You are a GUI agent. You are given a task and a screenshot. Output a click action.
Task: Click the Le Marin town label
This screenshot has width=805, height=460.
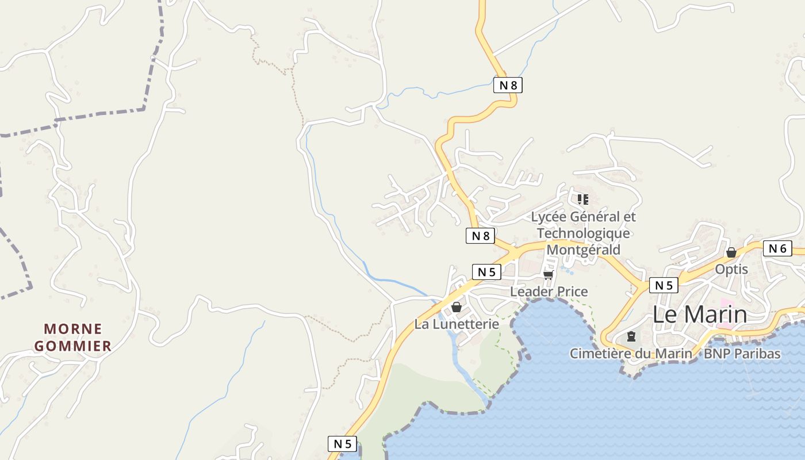click(700, 315)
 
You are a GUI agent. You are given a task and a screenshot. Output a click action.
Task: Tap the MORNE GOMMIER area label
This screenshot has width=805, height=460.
click(72, 338)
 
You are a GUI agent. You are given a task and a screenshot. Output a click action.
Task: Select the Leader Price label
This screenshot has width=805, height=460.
click(549, 292)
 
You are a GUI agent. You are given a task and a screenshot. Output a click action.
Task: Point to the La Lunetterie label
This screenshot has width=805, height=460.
click(457, 324)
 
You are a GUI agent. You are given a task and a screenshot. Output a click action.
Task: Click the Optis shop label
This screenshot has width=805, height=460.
click(731, 269)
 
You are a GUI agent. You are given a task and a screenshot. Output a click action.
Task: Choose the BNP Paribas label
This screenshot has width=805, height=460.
click(742, 354)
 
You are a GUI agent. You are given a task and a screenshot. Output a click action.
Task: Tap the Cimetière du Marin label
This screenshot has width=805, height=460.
click(631, 354)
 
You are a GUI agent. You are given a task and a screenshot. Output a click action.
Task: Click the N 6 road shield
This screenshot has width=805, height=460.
click(777, 248)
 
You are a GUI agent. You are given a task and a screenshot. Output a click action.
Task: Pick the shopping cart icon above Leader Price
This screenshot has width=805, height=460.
click(548, 275)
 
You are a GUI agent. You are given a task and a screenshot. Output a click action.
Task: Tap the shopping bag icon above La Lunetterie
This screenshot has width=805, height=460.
click(457, 307)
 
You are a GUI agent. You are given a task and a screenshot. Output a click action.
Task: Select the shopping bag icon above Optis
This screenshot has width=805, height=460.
click(731, 252)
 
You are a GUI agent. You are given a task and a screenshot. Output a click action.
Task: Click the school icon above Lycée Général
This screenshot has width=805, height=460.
click(583, 200)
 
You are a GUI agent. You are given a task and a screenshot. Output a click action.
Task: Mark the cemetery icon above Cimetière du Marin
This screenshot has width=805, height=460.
click(631, 336)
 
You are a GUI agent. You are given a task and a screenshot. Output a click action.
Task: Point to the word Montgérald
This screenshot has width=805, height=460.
click(583, 250)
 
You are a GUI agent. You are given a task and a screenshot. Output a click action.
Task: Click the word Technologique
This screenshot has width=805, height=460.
click(583, 233)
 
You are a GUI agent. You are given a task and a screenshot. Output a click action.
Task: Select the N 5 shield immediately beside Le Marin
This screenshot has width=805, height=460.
click(664, 285)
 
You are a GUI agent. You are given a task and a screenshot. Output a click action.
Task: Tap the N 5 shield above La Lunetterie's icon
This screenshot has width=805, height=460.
click(486, 272)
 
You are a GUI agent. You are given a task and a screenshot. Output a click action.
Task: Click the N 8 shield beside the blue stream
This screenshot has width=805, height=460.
click(508, 86)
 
